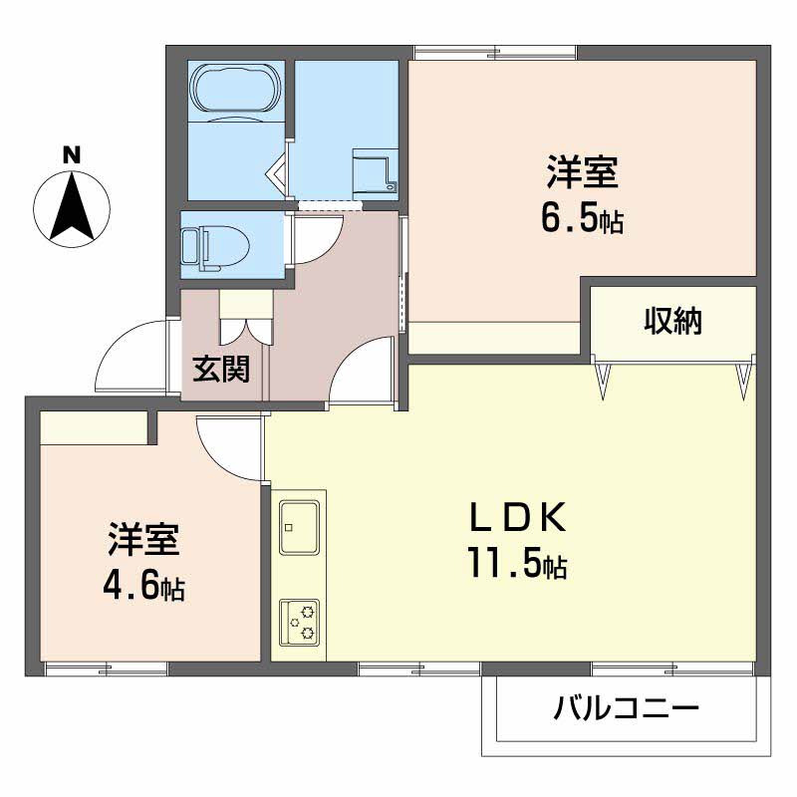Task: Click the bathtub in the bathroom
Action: pos(235,89)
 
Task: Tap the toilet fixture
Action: pos(216,247)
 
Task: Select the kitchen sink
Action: pos(300,527)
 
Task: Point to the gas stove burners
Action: pos(300,622)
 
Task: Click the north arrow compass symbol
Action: pos(71,209)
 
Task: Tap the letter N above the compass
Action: pos(72,155)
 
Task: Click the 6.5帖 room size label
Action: pos(582,220)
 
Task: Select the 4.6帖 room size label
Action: pos(143,588)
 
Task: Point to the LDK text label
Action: pos(517,517)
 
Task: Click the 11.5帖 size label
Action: pos(517,564)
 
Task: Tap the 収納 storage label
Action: pos(673,321)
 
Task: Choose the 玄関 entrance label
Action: pos(221,369)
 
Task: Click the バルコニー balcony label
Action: pos(626,708)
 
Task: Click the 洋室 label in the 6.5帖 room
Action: pos(583,172)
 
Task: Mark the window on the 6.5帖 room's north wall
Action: pos(495,53)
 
